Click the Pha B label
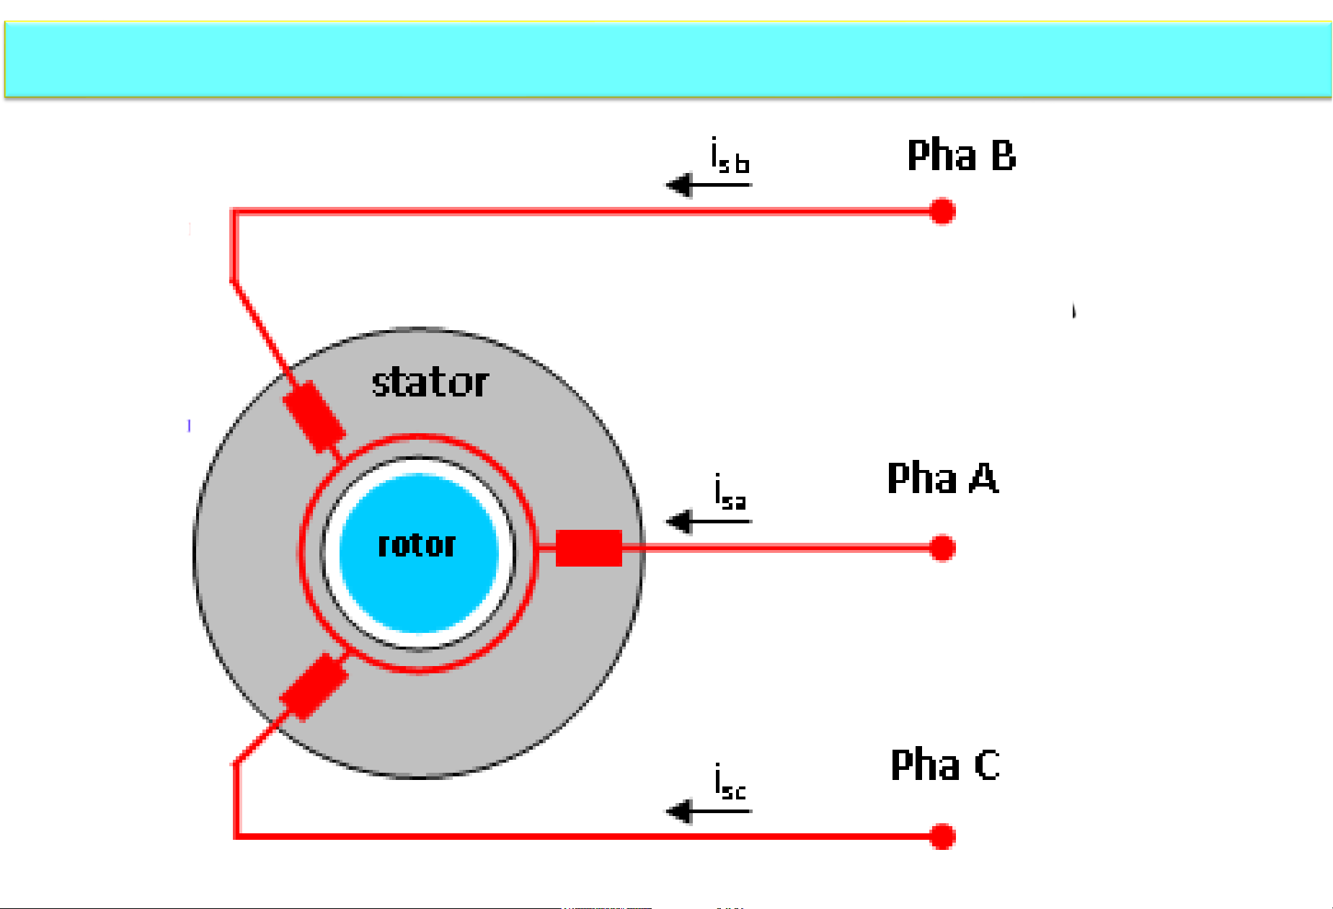961,155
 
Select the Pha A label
942,478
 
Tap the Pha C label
944,765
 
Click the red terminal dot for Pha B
942,211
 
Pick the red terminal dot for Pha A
942,548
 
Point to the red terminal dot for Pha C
942,836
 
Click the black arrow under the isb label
707,185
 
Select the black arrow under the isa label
707,521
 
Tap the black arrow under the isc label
707,812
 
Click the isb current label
730,156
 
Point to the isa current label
730,492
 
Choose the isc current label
730,783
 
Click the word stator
430,382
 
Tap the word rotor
417,545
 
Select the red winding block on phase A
588,548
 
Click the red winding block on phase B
314,416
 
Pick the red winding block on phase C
314,686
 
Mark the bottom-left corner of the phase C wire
236,836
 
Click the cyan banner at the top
667,59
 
